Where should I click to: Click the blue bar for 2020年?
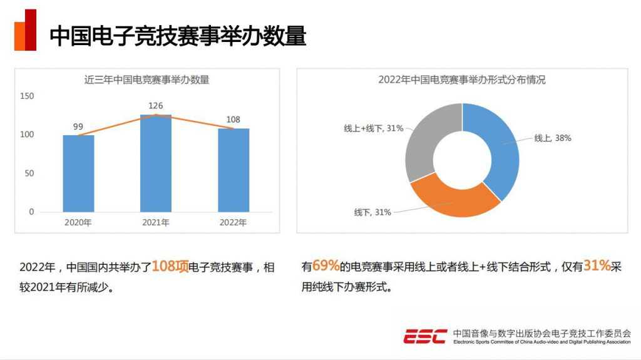pos(78,173)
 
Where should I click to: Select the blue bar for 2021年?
pos(156,163)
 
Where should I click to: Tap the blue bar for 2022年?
pos(233,170)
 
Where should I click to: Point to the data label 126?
pos(156,106)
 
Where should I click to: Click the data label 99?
pos(78,126)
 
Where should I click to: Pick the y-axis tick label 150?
pos(27,96)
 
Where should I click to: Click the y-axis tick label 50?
pos(29,173)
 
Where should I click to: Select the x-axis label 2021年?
pos(156,222)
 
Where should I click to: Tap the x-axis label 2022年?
pos(233,222)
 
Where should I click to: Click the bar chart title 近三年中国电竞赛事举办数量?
pos(147,80)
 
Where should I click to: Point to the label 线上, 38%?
pos(552,138)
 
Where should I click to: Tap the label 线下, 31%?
pos(372,212)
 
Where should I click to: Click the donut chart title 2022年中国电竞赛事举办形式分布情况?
pos(462,80)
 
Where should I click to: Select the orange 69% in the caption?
pos(326,266)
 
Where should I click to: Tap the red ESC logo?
pos(425,336)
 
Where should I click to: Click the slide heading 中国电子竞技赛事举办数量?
pos(178,36)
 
